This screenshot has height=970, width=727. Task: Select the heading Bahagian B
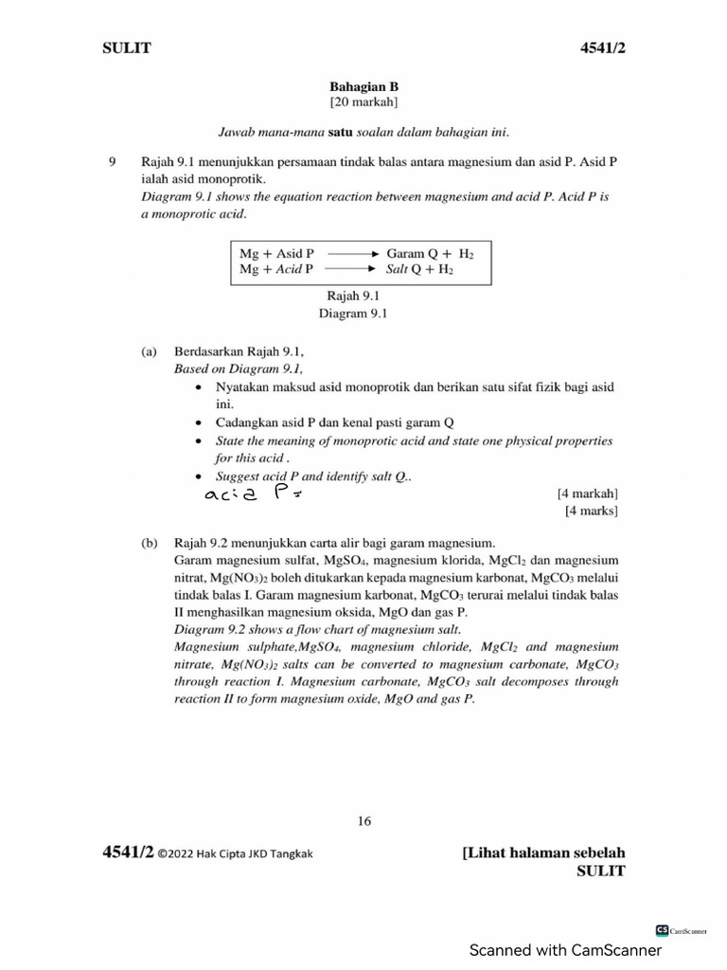(x=363, y=85)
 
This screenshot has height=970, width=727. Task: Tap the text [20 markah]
(x=363, y=101)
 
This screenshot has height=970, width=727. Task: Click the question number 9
(x=111, y=162)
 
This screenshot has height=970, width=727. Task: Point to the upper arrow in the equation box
(x=352, y=255)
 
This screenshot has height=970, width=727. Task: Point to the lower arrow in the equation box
(x=352, y=270)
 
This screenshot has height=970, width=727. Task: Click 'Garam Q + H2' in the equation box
(x=431, y=255)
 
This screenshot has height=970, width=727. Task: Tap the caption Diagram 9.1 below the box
(x=353, y=313)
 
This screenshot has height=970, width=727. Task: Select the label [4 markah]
(x=588, y=494)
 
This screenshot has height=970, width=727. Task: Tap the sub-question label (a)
(x=149, y=351)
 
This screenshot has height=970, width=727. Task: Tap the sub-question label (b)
(x=149, y=544)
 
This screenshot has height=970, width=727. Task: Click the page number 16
(x=364, y=821)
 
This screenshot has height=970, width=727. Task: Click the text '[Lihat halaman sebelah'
(x=543, y=853)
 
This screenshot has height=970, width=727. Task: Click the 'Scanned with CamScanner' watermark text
(x=565, y=950)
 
